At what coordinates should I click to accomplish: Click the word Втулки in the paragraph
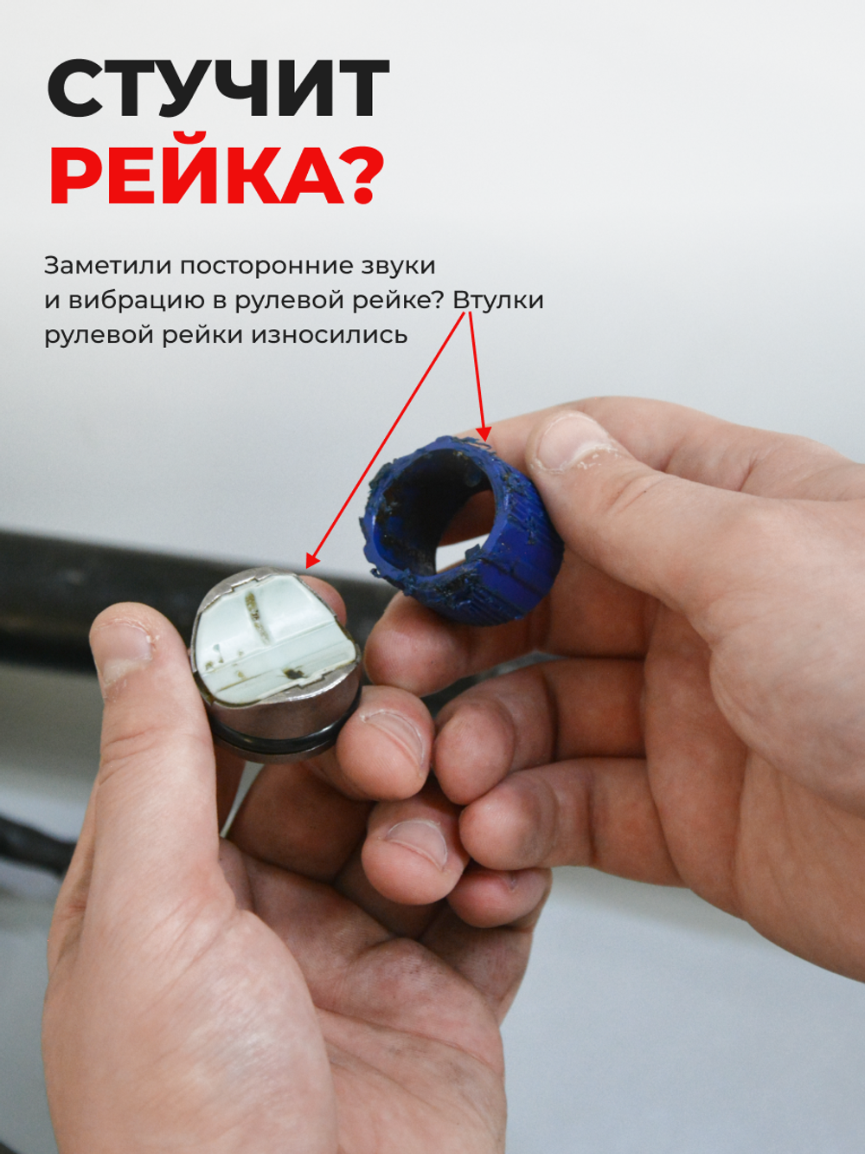tap(498, 300)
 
